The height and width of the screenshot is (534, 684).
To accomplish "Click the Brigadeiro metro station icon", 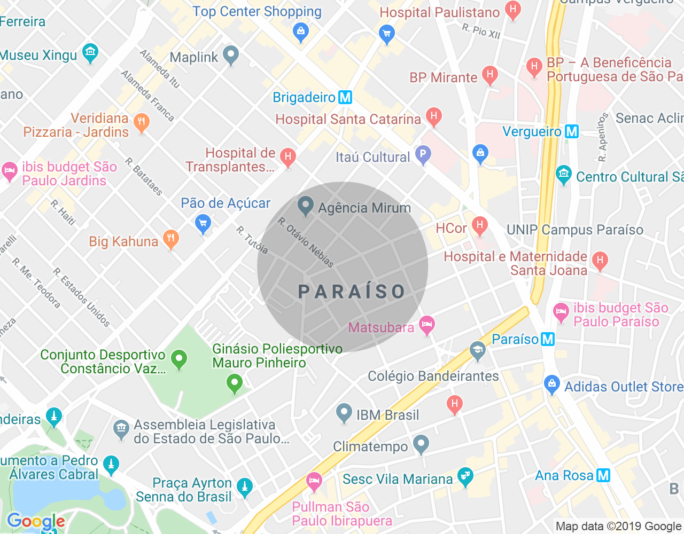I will point(345,97).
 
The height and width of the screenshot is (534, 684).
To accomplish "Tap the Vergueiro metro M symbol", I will point(572,131).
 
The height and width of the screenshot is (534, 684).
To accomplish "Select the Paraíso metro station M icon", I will point(548,339).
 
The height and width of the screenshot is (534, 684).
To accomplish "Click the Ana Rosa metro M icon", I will point(603,475).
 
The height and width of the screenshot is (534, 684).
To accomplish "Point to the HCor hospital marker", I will point(479,226).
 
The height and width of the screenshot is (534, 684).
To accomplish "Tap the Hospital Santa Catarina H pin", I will point(434,116).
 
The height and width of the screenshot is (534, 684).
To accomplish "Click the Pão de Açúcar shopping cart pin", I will point(203,223).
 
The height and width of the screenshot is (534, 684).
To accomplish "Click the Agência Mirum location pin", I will point(305,206).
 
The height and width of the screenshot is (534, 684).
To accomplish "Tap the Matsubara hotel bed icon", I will point(426,325).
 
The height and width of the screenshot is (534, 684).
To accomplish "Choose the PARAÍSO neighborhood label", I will point(352,292).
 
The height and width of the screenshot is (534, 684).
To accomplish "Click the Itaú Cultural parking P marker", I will point(423,155).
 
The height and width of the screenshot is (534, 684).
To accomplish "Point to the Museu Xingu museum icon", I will point(90,52).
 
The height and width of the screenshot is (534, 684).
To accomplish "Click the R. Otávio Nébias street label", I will point(306,242).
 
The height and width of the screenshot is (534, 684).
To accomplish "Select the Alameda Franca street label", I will point(147,96).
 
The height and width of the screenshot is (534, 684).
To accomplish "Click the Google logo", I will point(36,521).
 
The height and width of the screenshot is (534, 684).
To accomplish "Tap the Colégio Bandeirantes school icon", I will point(477,351).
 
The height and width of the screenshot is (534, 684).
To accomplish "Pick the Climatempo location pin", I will point(421,444).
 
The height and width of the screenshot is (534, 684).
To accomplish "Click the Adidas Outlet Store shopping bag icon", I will point(551,384).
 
